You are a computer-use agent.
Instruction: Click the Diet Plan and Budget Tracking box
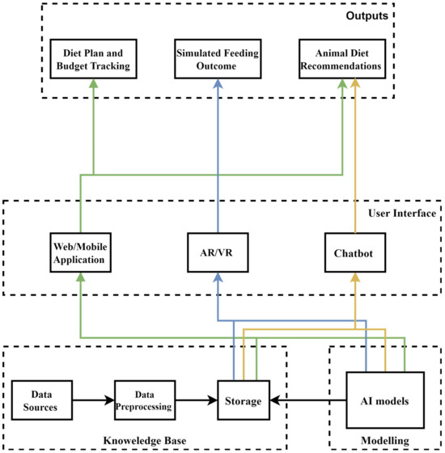(x=94, y=59)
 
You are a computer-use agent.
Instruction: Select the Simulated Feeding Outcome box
(x=216, y=59)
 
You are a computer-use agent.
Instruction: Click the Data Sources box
(x=39, y=400)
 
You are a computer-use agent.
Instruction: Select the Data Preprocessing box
(x=143, y=400)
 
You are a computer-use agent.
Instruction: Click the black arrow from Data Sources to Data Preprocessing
(x=90, y=400)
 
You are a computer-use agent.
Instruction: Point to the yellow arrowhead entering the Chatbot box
(x=353, y=276)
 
